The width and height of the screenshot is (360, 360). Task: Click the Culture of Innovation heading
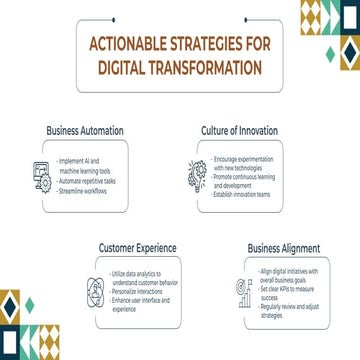[x=237, y=131]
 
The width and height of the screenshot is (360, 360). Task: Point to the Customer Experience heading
[x=137, y=245]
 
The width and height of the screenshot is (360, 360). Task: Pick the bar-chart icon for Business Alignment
[x=243, y=289]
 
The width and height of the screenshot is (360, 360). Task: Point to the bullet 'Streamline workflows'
[x=84, y=189]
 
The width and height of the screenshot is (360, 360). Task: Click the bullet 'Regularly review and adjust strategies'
[x=291, y=309]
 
